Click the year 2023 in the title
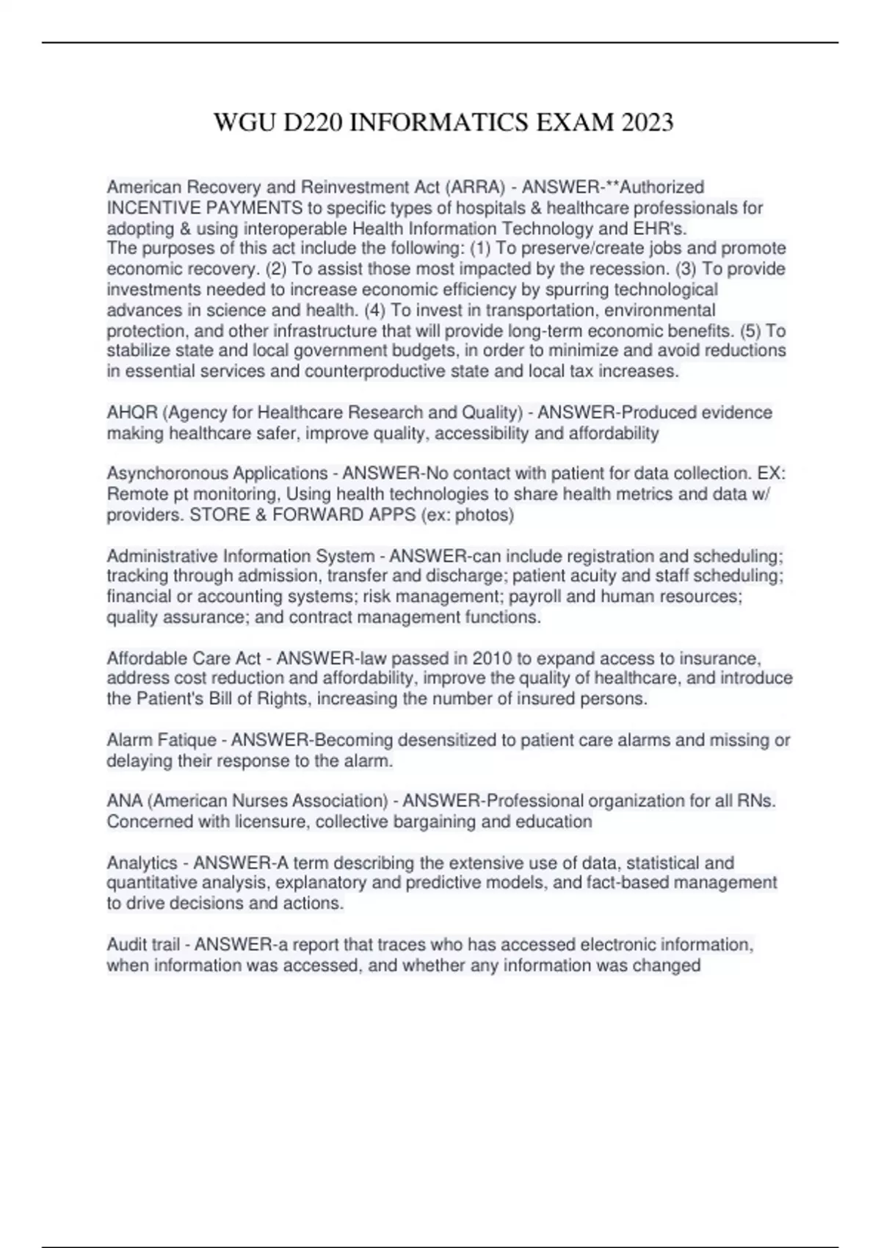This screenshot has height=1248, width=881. (647, 122)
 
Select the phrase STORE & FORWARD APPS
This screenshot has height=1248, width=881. (302, 515)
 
